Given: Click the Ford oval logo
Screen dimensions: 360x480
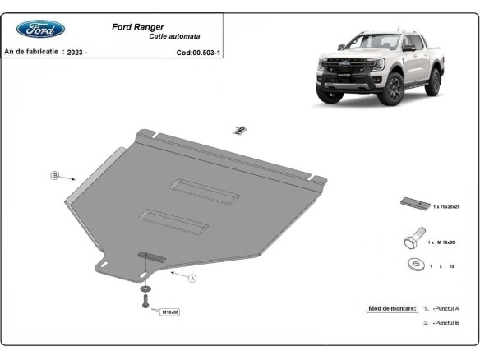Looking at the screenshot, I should point(40,30).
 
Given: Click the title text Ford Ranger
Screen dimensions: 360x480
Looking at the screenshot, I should point(137,26).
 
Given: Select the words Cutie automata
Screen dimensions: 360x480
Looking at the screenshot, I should point(174,37).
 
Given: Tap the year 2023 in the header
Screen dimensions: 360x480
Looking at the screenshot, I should point(77,52).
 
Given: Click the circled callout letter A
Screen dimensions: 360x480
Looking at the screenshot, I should point(192,279).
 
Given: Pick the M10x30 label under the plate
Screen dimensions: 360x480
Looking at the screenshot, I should point(169,312).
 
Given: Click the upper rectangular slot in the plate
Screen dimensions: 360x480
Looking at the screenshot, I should point(205,188).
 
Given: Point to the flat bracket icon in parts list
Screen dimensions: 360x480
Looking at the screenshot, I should point(413,203).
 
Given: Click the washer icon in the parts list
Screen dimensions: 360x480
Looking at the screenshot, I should point(413,265).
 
